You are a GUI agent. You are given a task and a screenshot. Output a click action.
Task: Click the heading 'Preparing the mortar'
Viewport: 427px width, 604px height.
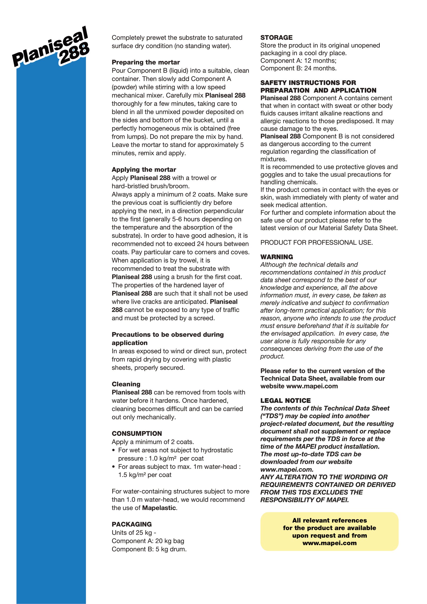[146, 62]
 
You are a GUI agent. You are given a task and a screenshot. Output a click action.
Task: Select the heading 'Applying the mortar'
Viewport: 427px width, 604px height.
[144, 170]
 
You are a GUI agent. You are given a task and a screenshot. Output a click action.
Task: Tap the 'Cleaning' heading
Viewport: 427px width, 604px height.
[126, 384]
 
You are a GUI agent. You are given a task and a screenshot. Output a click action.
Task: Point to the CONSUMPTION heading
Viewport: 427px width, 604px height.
[137, 434]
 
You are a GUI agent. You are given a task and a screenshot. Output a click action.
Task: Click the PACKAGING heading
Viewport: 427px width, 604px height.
[131, 524]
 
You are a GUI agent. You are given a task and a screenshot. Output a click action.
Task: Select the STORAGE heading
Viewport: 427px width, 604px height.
[276, 38]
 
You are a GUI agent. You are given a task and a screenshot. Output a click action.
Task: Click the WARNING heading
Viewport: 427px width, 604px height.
[276, 257]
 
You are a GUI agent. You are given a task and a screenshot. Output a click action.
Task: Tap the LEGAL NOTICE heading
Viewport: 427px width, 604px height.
[286, 401]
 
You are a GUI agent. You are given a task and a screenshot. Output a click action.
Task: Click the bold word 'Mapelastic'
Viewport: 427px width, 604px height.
[159, 508]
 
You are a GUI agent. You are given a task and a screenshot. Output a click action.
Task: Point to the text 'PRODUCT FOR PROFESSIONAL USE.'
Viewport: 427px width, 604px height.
[317, 242]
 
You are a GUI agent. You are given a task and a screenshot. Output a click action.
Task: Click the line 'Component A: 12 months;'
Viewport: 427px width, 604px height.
[298, 61]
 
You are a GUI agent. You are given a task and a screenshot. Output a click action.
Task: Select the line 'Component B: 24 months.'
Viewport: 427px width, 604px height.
[298, 68]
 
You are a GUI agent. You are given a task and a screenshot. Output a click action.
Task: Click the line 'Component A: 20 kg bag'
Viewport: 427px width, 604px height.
[148, 541]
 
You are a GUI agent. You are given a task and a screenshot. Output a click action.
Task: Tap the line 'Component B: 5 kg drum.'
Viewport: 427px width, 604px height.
[149, 549]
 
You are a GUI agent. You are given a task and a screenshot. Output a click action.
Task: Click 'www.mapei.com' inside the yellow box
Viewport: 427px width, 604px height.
[329, 543]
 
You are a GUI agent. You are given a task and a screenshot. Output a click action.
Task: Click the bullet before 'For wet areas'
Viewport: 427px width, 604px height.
[114, 450]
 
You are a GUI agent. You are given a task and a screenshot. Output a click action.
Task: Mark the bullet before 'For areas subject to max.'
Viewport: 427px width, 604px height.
[114, 467]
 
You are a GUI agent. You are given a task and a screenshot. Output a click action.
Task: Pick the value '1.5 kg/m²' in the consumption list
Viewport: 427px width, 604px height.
[132, 475]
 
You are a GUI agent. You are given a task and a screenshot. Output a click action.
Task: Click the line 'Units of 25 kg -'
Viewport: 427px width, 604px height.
[134, 533]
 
